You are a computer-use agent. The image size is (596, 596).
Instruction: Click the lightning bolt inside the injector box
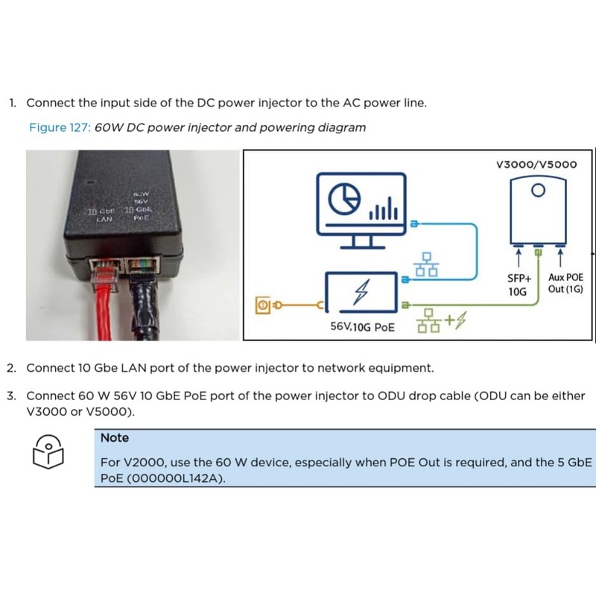tap(363, 291)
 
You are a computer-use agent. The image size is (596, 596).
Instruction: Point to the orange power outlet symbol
tap(262, 305)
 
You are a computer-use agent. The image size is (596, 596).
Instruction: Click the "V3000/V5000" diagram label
tap(536, 165)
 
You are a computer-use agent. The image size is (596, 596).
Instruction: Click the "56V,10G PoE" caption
tap(363, 327)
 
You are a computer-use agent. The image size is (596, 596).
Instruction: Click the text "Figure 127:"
tap(60, 127)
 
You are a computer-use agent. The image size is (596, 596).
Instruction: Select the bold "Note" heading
tap(115, 437)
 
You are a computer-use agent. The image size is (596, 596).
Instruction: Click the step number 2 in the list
tap(11, 368)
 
